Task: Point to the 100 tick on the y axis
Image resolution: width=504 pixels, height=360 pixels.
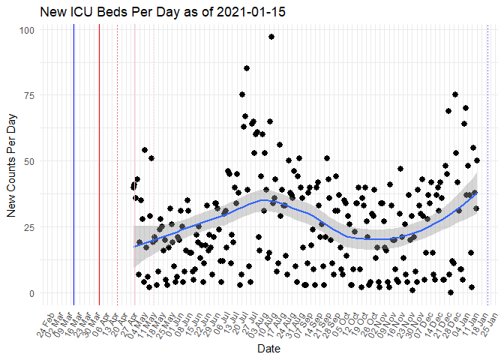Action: [x=27, y=30]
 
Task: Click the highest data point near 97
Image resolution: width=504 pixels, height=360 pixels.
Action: [x=271, y=37]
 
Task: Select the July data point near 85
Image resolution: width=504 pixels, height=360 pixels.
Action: [x=247, y=68]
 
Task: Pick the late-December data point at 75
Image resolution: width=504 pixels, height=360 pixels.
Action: [x=455, y=94]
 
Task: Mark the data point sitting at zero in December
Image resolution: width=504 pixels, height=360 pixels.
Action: [x=451, y=292]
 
